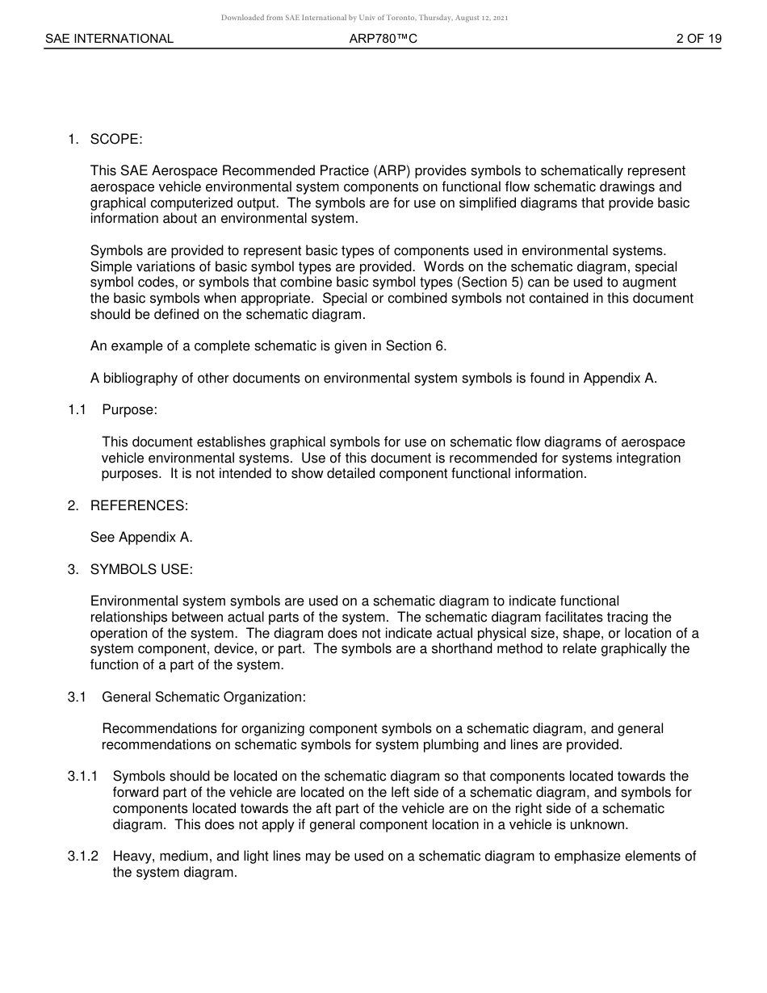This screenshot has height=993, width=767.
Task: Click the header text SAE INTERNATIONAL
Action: tap(109, 38)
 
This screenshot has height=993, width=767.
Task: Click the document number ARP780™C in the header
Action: tap(383, 38)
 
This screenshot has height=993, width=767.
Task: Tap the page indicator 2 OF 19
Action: tap(698, 38)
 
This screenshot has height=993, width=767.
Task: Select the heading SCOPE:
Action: tap(116, 139)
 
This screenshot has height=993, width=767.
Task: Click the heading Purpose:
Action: tap(129, 409)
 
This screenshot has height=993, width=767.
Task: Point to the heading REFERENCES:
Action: tap(139, 505)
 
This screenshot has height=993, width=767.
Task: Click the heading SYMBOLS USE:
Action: tap(141, 569)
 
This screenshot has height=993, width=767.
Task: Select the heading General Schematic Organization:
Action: tap(203, 697)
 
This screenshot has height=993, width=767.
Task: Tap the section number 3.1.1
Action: tap(82, 777)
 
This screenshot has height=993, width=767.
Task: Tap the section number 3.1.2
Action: tap(82, 856)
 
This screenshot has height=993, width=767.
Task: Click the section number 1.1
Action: tap(77, 409)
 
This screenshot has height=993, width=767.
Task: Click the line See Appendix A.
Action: tap(141, 537)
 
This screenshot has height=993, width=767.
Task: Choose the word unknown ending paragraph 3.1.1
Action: tap(601, 824)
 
